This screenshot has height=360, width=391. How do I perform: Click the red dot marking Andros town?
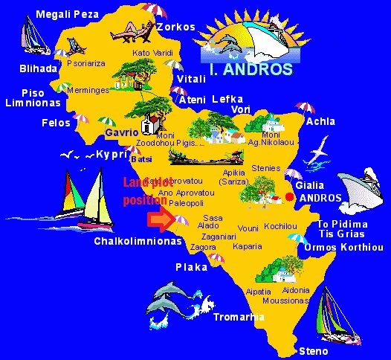(289, 196)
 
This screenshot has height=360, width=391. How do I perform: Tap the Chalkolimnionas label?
(138, 241)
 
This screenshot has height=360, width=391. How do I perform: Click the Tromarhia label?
(238, 317)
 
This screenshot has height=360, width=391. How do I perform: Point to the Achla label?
(320, 121)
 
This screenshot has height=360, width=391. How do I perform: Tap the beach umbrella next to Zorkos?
(153, 11)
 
